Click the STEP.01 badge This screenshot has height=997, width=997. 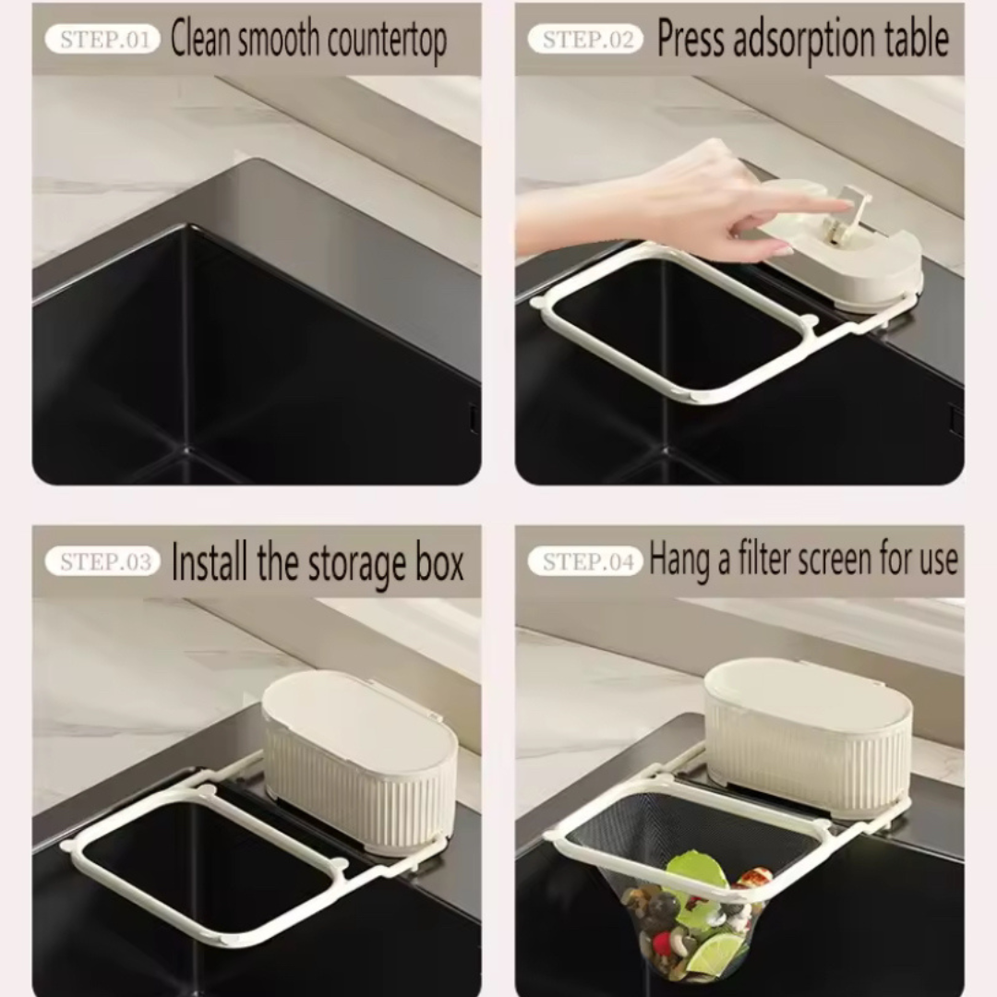coord(102,40)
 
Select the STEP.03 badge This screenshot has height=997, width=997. coord(102,562)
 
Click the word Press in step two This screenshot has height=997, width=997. coord(686,40)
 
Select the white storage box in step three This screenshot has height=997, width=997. coord(360,762)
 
